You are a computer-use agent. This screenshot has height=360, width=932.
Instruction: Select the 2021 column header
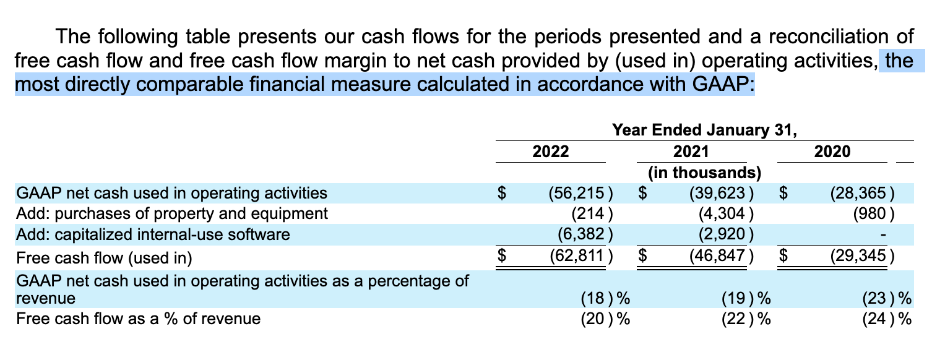point(691,152)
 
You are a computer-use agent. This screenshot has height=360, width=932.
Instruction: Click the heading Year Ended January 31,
point(704,131)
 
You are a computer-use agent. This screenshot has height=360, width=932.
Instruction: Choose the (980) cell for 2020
point(874,214)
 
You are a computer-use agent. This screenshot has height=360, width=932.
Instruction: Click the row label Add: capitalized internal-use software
point(152,234)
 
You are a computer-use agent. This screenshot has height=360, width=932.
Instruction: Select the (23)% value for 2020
point(886,298)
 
